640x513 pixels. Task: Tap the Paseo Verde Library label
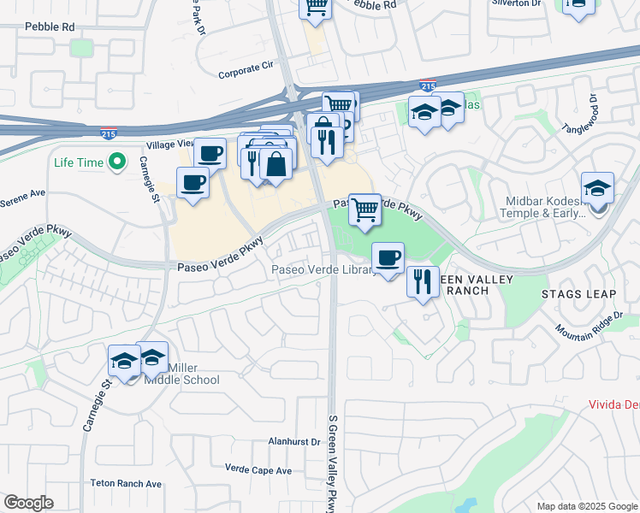point(323,270)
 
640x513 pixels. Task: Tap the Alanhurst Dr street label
point(293,442)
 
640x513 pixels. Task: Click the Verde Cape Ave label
point(258,469)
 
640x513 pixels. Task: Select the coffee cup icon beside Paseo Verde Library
point(388,256)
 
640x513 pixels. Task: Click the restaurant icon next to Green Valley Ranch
point(422,280)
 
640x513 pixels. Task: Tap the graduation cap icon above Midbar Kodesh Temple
point(597,189)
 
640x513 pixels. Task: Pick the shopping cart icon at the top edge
point(315,7)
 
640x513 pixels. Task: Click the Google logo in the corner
point(28,503)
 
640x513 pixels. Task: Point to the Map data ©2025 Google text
point(586,506)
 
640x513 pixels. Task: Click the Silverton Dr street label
point(516,3)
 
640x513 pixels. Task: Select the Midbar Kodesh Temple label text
point(542,205)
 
